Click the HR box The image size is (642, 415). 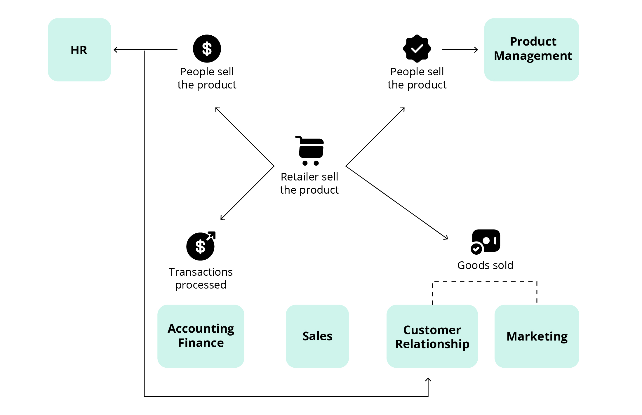tap(79, 50)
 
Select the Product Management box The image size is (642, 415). tap(531, 50)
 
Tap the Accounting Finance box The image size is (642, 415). tap(201, 336)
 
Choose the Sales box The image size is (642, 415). tap(317, 336)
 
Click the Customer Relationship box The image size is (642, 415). tap(432, 336)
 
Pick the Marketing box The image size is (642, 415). tap(537, 336)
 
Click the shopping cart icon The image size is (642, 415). tap(310, 151)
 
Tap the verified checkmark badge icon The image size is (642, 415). tap(417, 48)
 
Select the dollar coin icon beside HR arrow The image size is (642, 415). tap(207, 48)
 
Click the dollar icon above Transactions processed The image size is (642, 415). tap(201, 246)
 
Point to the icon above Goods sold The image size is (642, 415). tap(486, 242)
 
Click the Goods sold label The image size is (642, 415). tap(485, 265)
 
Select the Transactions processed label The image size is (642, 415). tap(201, 278)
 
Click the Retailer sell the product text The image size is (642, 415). tap(309, 183)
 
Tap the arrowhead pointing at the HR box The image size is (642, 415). tap(116, 50)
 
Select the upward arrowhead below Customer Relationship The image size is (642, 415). tap(428, 380)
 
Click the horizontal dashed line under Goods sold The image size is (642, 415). tap(485, 281)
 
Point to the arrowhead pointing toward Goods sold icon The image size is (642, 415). tap(446, 237)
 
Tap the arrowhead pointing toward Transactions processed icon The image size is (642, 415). tap(222, 218)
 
